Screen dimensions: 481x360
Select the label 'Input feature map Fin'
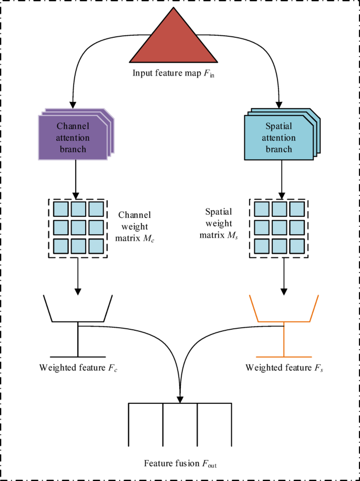click(x=174, y=74)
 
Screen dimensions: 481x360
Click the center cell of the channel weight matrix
click(x=78, y=228)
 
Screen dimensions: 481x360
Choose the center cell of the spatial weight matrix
click(x=279, y=228)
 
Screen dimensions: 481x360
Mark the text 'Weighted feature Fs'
click(x=284, y=367)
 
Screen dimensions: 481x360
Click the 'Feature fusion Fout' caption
click(x=180, y=464)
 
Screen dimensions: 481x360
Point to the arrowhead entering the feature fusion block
click(x=180, y=399)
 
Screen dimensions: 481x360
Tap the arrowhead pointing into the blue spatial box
click(x=280, y=104)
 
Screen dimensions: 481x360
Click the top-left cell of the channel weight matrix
click(x=61, y=210)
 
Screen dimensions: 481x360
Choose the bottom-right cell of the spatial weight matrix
click(x=296, y=246)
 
